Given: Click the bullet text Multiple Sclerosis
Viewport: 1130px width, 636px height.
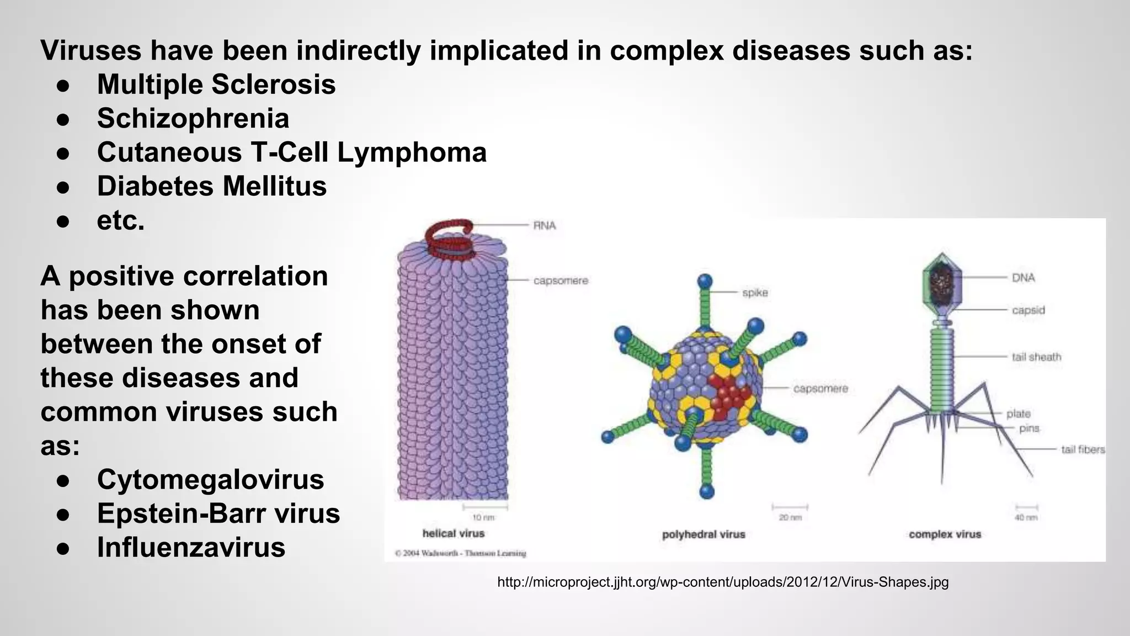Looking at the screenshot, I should [216, 84].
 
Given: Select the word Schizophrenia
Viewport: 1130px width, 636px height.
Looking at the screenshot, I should [193, 118].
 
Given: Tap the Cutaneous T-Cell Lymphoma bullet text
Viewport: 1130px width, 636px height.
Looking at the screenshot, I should [292, 152].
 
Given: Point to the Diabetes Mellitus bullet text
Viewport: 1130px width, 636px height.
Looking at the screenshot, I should [212, 186].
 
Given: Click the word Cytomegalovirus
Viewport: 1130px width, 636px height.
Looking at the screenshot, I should [210, 479].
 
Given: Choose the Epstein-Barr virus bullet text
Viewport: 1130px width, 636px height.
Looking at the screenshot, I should [218, 513].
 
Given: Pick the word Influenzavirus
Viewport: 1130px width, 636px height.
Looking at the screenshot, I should [191, 547].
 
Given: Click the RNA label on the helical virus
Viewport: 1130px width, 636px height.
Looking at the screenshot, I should [544, 225].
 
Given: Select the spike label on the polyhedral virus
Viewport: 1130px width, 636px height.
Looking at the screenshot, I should [755, 293].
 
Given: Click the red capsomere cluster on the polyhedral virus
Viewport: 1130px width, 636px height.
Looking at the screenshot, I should [729, 394].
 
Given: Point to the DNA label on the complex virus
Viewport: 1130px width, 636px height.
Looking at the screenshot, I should [1023, 278].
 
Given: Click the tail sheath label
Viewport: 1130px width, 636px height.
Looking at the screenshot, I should [1036, 357].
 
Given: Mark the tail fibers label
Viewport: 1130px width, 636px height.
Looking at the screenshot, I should [1083, 449].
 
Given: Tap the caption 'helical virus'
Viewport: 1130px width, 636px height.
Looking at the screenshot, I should [453, 533].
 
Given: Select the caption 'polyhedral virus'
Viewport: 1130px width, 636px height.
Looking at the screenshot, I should [703, 534].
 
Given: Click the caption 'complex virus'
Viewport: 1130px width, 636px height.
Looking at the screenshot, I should [945, 534].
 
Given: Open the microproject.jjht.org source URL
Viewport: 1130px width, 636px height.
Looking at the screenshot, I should [723, 582].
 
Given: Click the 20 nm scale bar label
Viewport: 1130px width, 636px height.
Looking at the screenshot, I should [790, 518].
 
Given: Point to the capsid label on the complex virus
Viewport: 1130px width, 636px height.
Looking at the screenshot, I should [1028, 310].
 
